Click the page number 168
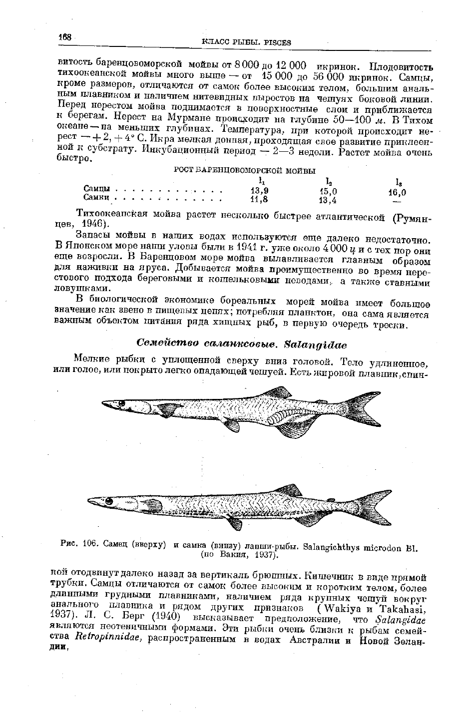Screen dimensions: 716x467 coord(65,36)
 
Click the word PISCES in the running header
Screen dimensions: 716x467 coord(277,42)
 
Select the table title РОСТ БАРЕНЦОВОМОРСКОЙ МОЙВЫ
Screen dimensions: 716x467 coord(244,170)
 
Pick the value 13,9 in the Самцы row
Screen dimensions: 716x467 coord(259,190)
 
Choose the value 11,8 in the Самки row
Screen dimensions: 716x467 coord(259,199)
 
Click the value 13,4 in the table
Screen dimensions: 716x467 coord(328,201)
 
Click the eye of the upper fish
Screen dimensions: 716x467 coord(120,403)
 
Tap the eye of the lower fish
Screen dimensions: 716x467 coord(108,501)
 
